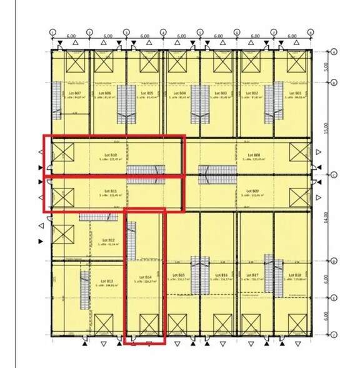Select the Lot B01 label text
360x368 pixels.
[x=294, y=93]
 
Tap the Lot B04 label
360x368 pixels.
[x=184, y=93]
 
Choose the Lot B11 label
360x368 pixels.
[x=110, y=191]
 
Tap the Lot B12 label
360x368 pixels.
[x=107, y=240]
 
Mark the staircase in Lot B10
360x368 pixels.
[x=146, y=170]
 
